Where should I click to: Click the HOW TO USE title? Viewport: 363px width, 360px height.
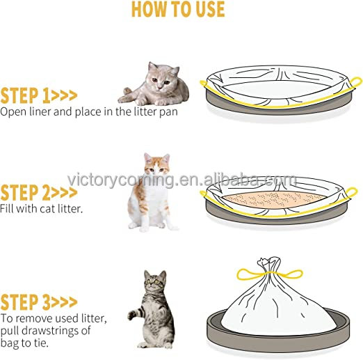point(178,9)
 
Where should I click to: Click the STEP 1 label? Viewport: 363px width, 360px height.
point(38,95)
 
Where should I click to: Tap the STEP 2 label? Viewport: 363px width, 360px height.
point(38,193)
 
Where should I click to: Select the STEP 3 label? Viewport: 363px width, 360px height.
point(38,302)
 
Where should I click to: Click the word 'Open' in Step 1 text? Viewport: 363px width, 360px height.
point(13,111)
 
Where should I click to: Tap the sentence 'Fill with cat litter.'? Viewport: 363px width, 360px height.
point(42,208)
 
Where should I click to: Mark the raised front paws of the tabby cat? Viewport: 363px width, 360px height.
point(134,314)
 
